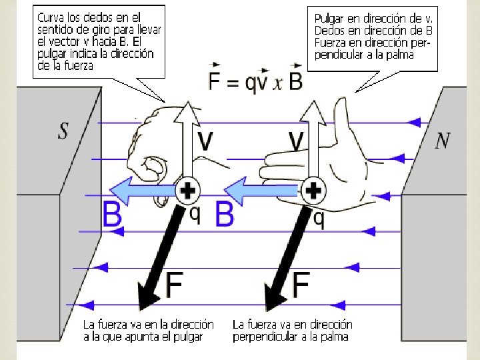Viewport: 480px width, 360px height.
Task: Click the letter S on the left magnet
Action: (x=63, y=130)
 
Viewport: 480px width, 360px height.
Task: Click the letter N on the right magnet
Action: (x=443, y=141)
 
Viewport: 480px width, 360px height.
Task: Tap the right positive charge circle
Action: (x=313, y=192)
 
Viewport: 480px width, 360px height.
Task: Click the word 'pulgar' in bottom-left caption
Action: (x=187, y=337)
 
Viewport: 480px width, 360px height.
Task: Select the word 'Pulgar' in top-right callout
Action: (x=328, y=18)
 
